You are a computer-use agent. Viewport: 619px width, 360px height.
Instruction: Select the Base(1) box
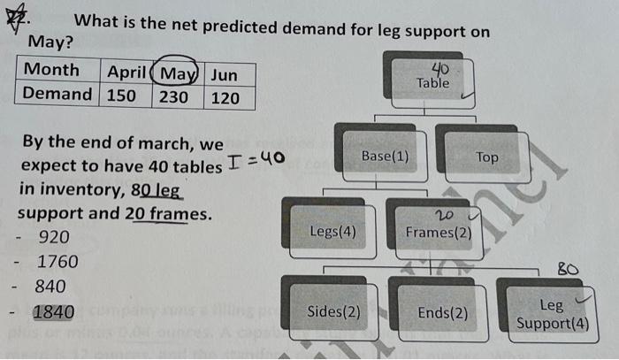(x=385, y=157)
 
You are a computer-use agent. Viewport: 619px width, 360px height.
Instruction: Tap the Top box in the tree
(x=486, y=157)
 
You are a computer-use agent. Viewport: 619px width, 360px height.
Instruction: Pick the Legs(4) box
(x=332, y=232)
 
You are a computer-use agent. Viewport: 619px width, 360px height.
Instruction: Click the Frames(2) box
(x=439, y=232)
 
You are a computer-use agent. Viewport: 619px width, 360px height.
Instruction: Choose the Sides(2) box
(x=332, y=311)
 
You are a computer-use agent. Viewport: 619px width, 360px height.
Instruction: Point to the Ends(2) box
(x=442, y=312)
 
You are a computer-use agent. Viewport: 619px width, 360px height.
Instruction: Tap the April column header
(x=126, y=71)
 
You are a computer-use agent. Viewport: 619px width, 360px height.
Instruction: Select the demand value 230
(x=173, y=96)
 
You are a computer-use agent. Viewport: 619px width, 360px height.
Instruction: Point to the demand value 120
(x=225, y=97)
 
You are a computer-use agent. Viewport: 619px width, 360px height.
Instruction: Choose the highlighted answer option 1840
(x=53, y=311)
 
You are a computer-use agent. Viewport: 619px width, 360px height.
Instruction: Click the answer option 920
(x=54, y=237)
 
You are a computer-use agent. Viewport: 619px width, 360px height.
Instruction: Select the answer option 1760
(x=57, y=262)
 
